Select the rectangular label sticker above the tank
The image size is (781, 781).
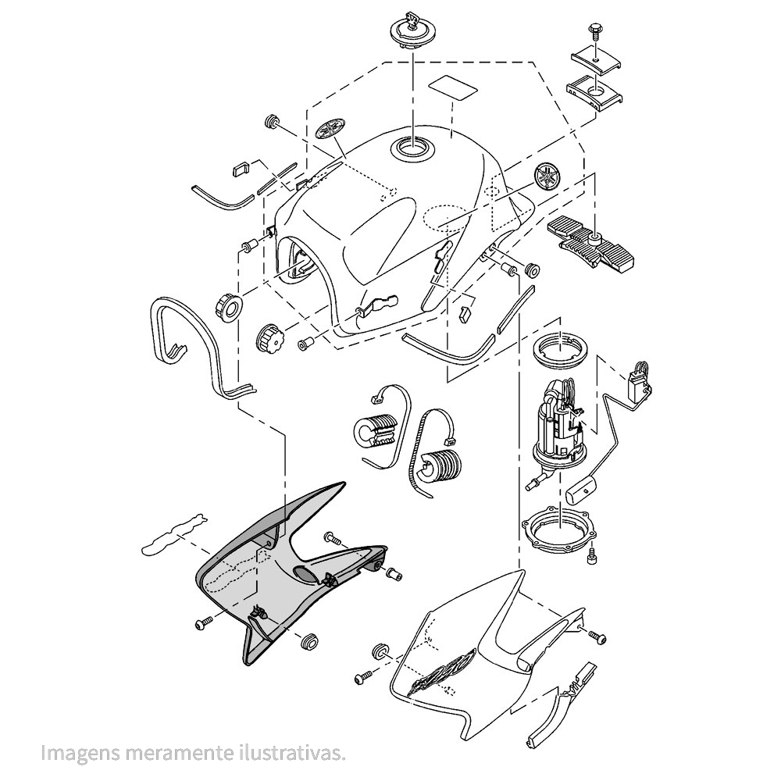[x=453, y=86]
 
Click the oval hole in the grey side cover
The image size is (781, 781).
[x=305, y=575]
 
